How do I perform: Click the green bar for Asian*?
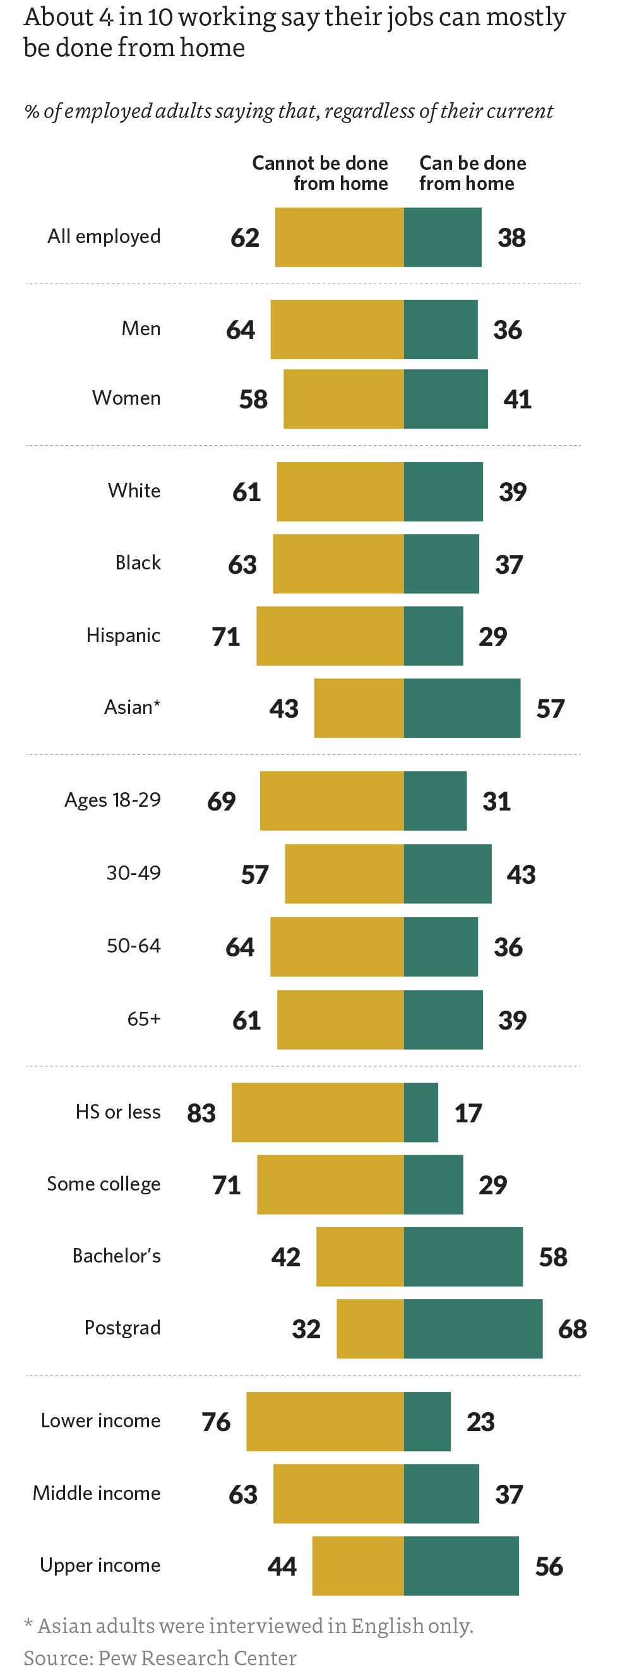461,708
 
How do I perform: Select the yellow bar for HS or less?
318,1112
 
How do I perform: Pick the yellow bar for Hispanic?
330,636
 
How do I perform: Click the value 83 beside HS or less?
201,1112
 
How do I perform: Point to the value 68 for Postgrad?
573,1329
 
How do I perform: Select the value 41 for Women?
517,399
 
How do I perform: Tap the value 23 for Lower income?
480,1422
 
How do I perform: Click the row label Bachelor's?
116,1255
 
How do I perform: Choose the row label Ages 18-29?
112,800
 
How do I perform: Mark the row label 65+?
144,1018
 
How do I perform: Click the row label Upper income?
100,1565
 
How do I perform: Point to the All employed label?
104,236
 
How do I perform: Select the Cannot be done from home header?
320,173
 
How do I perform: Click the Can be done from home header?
472,173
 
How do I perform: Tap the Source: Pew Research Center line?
160,1657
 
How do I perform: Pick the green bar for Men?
440,330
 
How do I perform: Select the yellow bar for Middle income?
338,1493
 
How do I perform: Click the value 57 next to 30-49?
254,874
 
